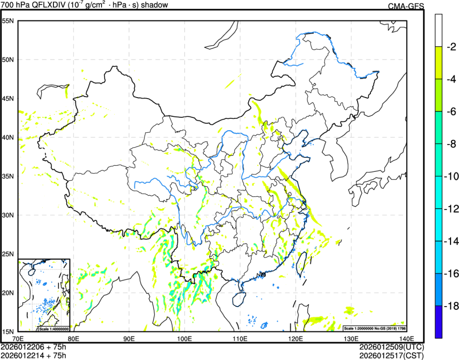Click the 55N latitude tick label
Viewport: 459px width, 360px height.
(x=8, y=21)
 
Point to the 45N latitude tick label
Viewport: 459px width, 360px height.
(x=8, y=99)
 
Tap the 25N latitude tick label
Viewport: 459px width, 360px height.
(x=8, y=254)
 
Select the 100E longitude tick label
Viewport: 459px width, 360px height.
(x=185, y=339)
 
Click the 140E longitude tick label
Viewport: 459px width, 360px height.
(x=406, y=339)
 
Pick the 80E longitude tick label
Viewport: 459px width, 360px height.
(x=74, y=339)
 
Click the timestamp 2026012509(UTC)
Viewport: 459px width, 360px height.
(x=391, y=347)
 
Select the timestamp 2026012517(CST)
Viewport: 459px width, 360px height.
(x=391, y=355)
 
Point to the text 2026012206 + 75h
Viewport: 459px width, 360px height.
(x=34, y=347)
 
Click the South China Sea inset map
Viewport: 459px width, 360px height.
(x=44, y=294)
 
